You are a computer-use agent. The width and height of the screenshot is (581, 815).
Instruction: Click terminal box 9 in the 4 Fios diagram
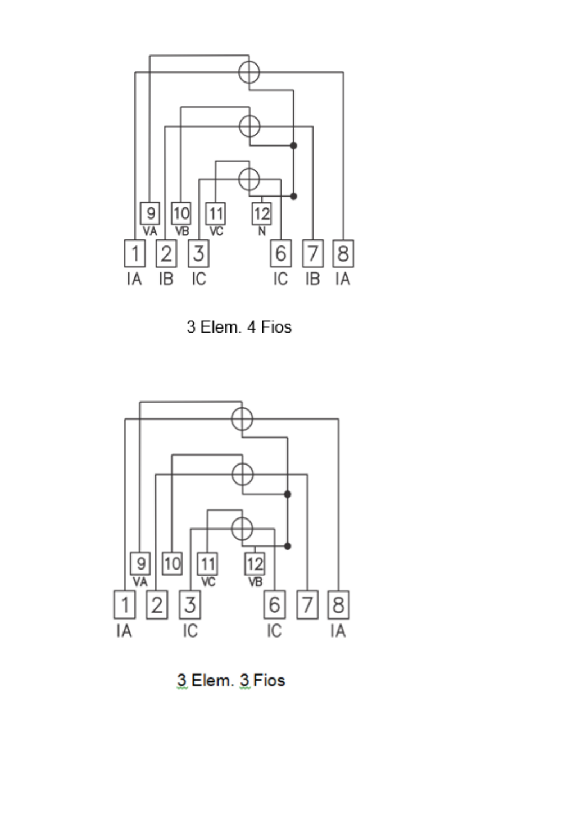(150, 213)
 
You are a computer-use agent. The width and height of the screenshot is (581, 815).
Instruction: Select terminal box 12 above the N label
(262, 213)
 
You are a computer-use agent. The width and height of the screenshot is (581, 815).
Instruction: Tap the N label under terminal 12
(262, 231)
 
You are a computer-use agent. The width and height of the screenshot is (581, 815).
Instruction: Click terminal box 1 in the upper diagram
(135, 253)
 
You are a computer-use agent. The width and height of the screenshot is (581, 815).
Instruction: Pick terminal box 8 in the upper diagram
(343, 253)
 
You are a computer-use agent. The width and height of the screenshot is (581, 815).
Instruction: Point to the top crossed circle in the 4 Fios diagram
(249, 72)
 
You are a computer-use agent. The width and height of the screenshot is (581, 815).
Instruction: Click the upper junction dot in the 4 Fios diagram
(293, 145)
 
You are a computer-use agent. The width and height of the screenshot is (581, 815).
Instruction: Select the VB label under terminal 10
(182, 231)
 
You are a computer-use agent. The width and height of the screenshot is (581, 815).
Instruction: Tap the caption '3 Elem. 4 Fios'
(239, 327)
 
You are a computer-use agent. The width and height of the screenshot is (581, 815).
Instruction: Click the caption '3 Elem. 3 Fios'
(231, 680)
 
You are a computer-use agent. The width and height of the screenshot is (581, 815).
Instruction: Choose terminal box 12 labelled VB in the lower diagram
(255, 564)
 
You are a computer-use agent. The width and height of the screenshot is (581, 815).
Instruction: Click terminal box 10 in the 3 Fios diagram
(172, 564)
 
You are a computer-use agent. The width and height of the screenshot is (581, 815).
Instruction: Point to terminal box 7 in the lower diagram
(307, 605)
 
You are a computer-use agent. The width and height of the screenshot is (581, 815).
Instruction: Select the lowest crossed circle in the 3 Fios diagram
(242, 529)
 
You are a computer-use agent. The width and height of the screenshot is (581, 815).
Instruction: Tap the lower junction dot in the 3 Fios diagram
(287, 546)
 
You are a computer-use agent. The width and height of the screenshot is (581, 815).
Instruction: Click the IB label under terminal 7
(313, 279)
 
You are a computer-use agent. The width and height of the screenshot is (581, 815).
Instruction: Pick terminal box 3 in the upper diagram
(198, 253)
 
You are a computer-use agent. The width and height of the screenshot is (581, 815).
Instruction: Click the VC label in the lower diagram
(208, 582)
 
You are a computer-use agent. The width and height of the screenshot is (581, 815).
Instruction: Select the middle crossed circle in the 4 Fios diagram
(249, 126)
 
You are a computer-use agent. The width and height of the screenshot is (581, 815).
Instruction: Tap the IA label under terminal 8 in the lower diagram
(338, 631)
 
